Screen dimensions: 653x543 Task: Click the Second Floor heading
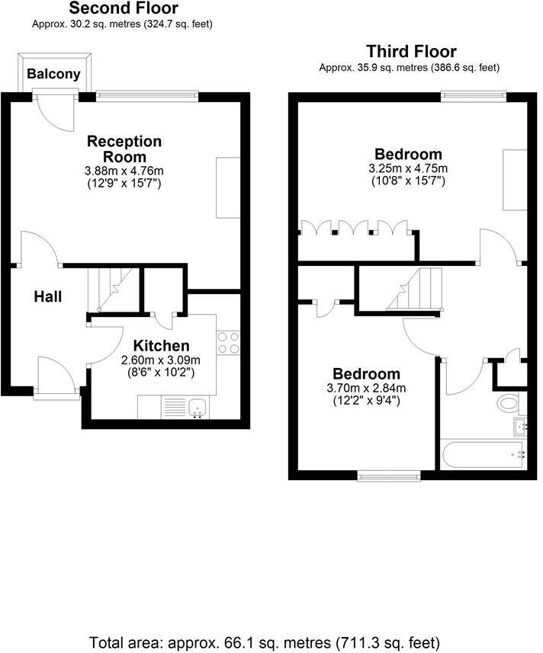[x=124, y=9]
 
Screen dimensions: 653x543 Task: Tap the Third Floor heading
[x=411, y=52]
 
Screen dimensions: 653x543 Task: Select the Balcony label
[x=53, y=74]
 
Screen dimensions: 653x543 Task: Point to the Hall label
[x=47, y=297]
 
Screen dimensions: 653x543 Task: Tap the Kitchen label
[x=161, y=346]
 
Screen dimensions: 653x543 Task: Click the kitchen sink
[x=198, y=408]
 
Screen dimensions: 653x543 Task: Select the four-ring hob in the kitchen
[x=228, y=343]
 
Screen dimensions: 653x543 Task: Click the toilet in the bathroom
[x=507, y=402]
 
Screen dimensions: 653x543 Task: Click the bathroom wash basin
[x=521, y=426]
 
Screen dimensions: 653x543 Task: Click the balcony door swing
[x=55, y=111]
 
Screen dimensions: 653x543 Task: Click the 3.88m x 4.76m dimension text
[x=124, y=171]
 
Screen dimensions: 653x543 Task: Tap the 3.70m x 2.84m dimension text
[x=366, y=388]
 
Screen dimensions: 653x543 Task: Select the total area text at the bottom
[x=265, y=641]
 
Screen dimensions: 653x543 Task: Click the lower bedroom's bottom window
[x=390, y=476]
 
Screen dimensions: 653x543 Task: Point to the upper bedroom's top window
[x=473, y=95]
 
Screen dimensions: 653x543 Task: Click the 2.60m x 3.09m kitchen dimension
[x=161, y=360]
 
